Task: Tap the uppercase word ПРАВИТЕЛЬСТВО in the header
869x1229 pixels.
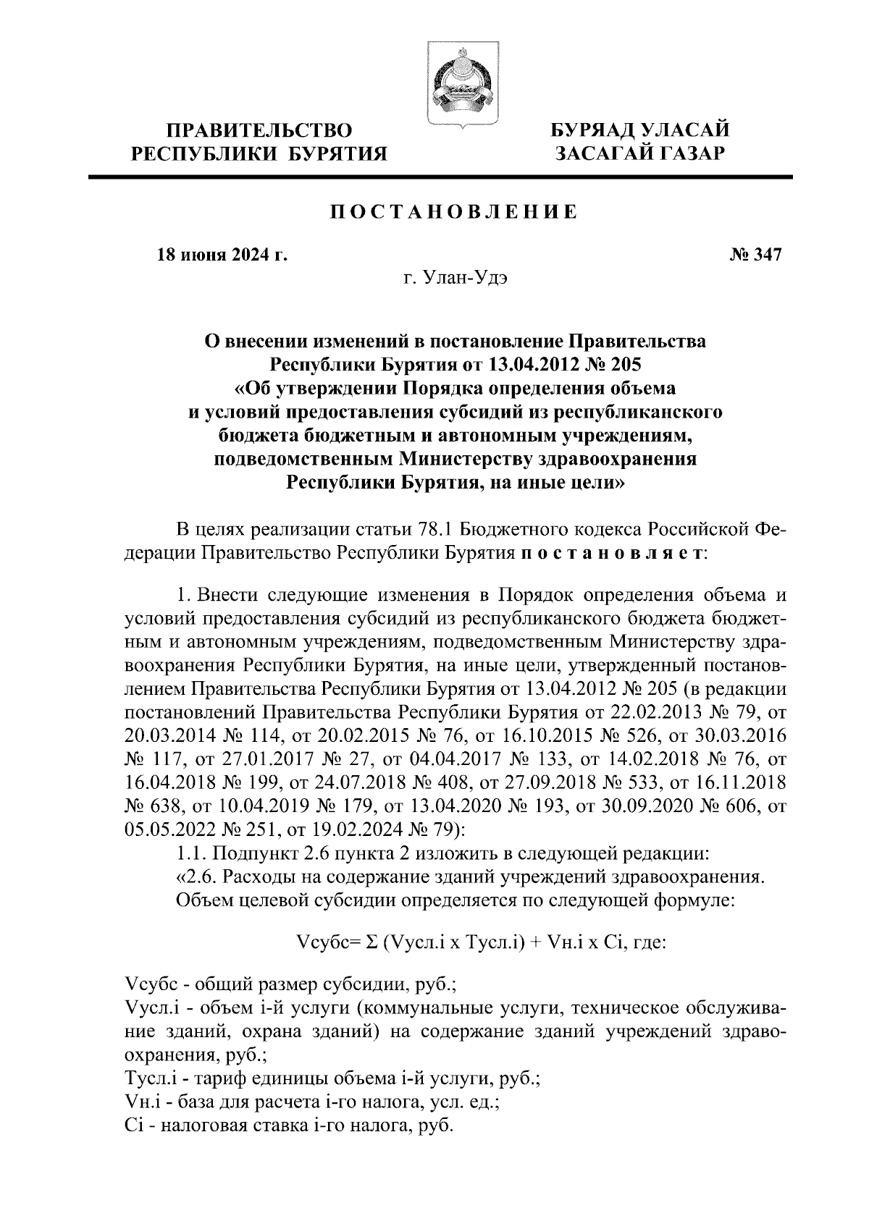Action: point(259,131)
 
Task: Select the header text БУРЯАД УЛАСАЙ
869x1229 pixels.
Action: point(640,131)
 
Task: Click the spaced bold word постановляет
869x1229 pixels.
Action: point(612,554)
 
